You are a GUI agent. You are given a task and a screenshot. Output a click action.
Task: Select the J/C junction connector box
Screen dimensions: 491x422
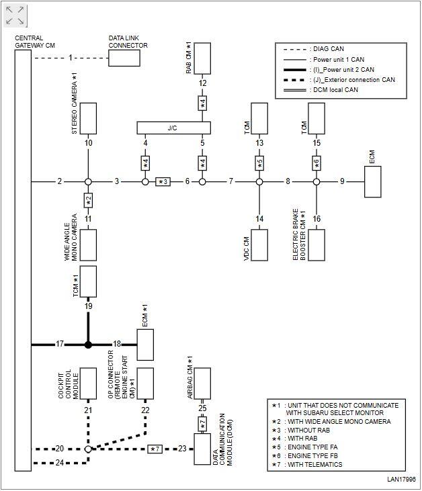click(173, 128)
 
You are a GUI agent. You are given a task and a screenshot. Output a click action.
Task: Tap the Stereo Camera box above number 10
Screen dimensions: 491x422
click(88, 118)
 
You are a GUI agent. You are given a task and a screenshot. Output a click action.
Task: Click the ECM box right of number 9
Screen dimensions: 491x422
click(373, 181)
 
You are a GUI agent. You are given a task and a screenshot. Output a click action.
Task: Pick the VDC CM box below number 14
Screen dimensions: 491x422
click(259, 246)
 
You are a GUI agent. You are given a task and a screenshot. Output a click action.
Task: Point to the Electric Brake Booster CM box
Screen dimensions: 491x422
click(316, 246)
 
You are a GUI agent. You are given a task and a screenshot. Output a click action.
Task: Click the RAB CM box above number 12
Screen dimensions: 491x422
click(202, 60)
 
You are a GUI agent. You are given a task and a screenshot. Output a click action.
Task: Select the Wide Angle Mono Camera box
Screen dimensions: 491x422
click(88, 245)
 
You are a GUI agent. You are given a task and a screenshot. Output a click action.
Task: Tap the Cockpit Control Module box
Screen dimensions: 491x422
click(88, 384)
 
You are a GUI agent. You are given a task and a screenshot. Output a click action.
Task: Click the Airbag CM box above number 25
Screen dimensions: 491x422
click(202, 384)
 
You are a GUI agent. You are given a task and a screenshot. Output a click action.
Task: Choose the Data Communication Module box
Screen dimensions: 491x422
click(202, 449)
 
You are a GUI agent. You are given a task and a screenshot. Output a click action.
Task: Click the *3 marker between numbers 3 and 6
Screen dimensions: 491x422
click(163, 181)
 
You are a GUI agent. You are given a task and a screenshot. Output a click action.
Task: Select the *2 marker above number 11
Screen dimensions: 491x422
click(88, 199)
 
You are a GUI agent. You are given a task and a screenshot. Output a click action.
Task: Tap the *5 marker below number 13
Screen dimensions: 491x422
click(259, 163)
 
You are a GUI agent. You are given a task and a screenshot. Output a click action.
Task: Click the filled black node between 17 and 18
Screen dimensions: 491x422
click(88, 345)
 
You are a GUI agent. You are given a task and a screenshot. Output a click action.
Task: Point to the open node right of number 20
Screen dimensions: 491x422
click(88, 449)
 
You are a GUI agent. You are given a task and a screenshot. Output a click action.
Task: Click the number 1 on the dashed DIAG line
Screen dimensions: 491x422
click(70, 58)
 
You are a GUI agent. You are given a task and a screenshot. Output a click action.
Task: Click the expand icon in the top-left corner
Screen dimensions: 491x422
click(15, 16)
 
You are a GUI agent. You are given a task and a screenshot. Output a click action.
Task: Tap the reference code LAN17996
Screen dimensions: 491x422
click(401, 480)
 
